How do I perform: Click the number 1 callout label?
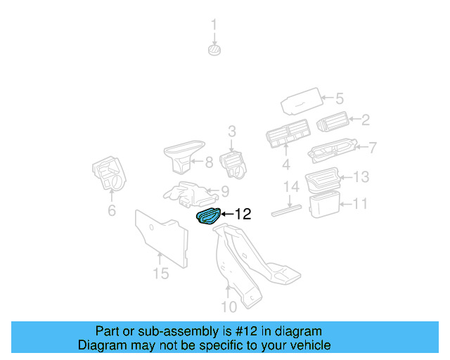pos(215,27)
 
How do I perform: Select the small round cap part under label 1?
pos(215,49)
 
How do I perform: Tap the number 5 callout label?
pos(338,99)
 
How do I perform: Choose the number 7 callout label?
pos(373,148)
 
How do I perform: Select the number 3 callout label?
pos(231,131)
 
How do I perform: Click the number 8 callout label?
pos(208,163)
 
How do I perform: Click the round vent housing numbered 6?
pos(108,174)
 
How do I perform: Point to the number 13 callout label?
pos(361,176)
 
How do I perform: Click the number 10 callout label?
pos(229,306)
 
